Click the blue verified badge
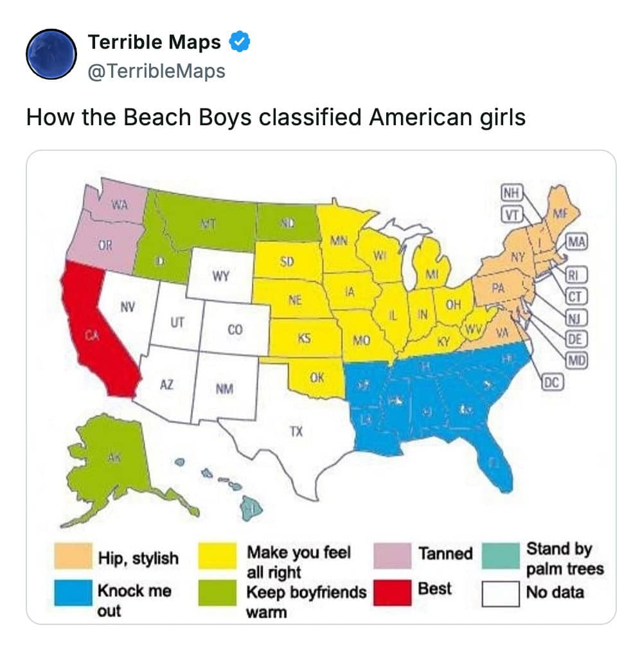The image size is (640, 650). click(x=240, y=43)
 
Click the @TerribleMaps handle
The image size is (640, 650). click(x=156, y=71)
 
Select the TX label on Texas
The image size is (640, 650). click(x=295, y=432)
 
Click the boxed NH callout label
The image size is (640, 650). click(x=511, y=193)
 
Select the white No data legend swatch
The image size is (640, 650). click(x=501, y=593)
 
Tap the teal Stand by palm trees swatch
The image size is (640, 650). click(x=501, y=556)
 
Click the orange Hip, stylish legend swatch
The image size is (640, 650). click(x=71, y=556)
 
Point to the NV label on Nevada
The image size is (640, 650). click(x=127, y=307)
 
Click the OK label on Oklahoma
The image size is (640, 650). click(x=316, y=378)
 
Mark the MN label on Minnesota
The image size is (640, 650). click(x=339, y=241)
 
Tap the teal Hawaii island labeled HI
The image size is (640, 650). click(x=253, y=509)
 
